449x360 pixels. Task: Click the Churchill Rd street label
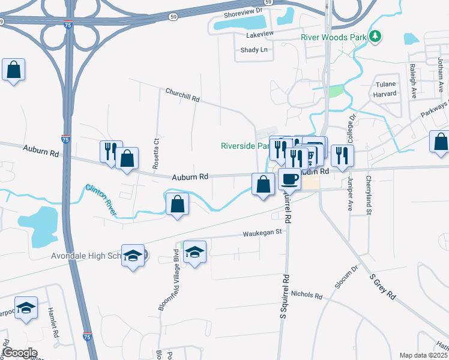click(182, 95)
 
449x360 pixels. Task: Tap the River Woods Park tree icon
click(376, 37)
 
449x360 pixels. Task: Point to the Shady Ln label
click(253, 50)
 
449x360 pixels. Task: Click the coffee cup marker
click(290, 179)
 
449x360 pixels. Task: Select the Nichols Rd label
click(306, 295)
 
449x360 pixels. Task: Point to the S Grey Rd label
click(383, 287)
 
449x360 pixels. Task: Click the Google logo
click(20, 353)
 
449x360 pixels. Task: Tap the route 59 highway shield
click(173, 17)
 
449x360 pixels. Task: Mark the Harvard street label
click(384, 94)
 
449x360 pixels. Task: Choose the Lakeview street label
click(260, 35)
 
